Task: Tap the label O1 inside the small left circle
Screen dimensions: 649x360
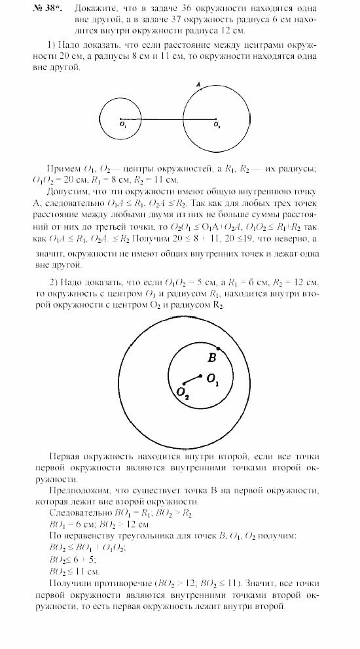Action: (x=123, y=125)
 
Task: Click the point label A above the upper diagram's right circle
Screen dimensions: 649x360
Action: (x=198, y=85)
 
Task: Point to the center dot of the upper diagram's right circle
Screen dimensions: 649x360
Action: (x=215, y=119)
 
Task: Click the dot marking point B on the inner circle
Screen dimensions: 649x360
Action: (x=218, y=349)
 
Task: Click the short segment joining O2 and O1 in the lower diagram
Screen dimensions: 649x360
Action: (x=191, y=379)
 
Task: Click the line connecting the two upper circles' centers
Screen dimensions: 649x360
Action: (x=168, y=119)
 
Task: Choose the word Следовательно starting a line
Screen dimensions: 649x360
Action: (x=81, y=513)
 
